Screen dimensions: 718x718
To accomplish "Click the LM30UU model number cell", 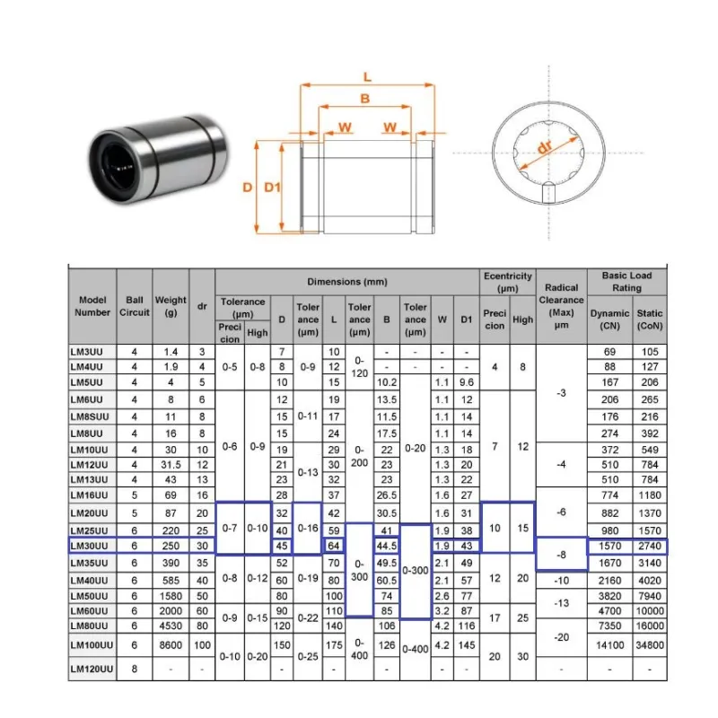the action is tap(89, 546).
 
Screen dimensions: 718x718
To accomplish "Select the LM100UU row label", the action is tap(92, 645).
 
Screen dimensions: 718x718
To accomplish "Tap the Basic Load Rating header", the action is tap(626, 282).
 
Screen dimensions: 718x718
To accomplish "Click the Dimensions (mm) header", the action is tap(347, 282).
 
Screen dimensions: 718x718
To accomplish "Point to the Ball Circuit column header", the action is tap(135, 306).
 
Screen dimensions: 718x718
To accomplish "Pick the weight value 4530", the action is tap(171, 626).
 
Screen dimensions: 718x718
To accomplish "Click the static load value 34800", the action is tap(650, 645).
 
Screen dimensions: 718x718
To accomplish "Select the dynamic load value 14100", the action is tap(610, 645).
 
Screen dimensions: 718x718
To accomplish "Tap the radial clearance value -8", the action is tap(562, 555).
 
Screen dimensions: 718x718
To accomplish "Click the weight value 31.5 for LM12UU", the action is tap(171, 465).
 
